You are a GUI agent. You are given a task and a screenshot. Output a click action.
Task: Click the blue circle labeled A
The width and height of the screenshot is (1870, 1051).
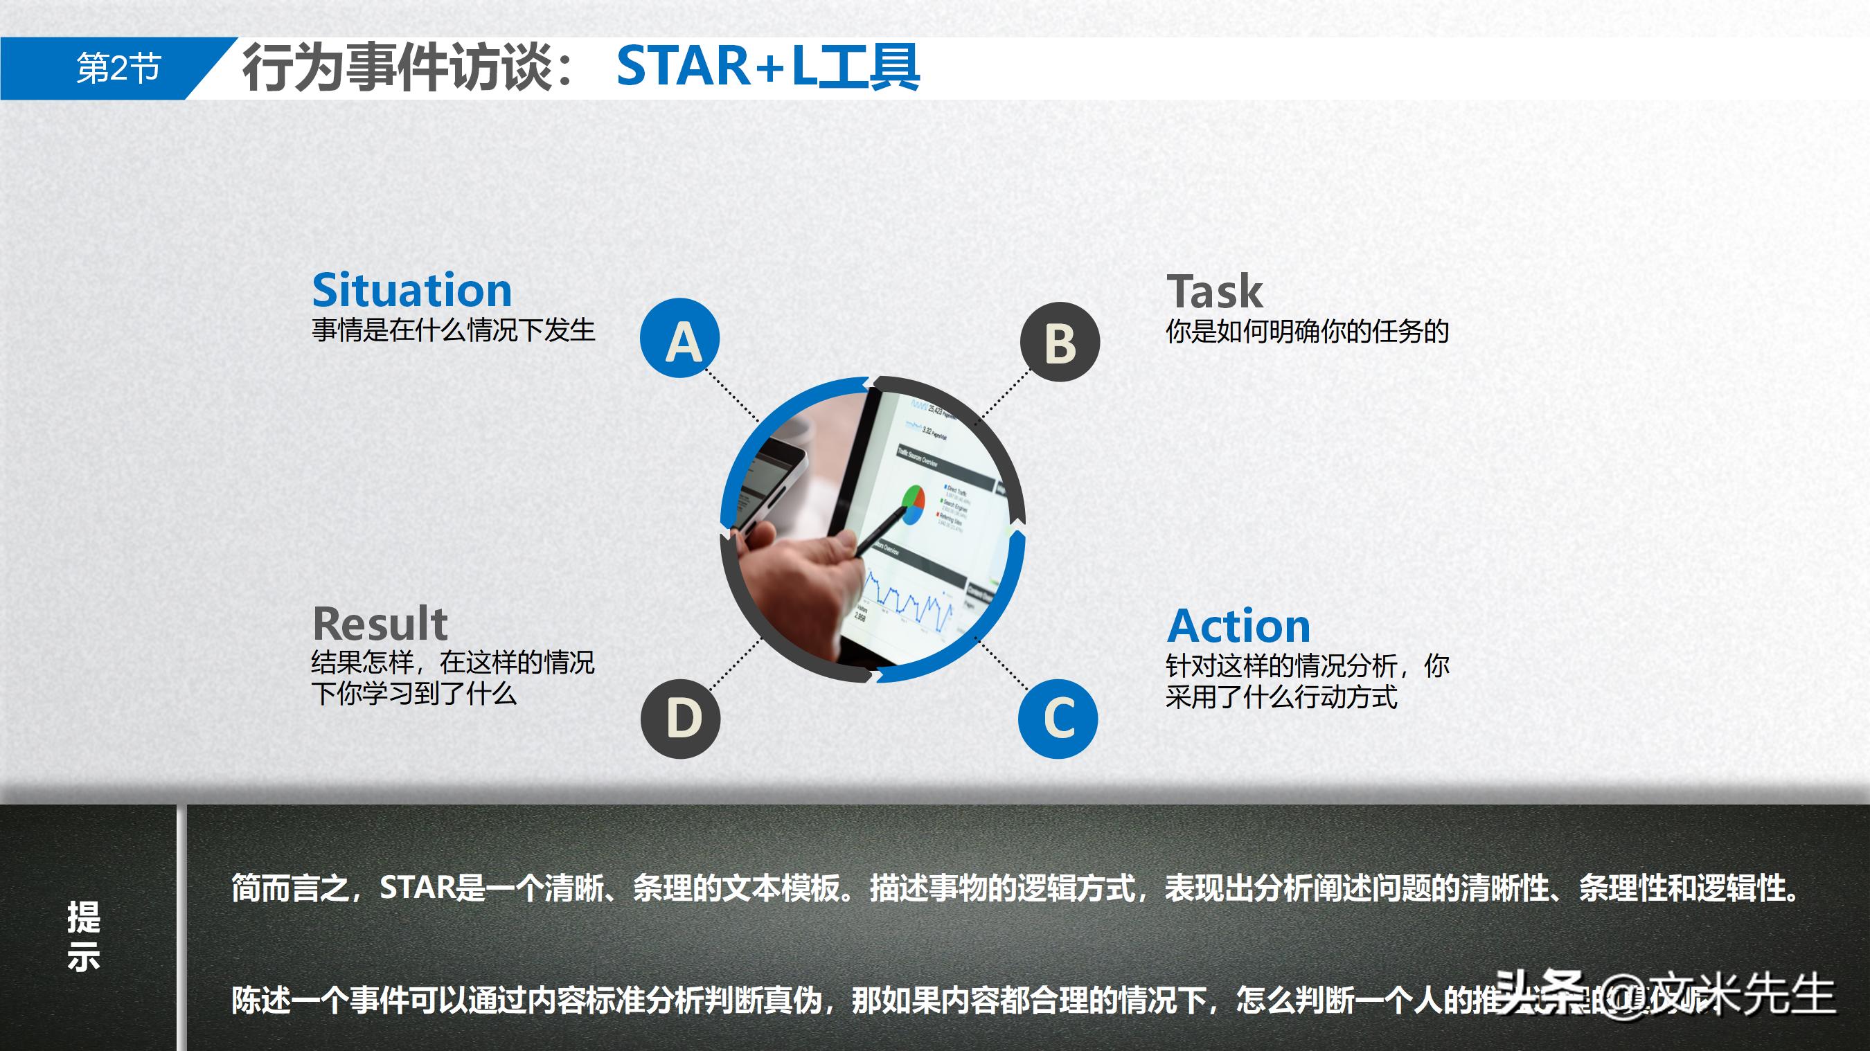679,339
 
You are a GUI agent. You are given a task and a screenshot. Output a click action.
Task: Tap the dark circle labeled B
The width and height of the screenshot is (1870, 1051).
1060,342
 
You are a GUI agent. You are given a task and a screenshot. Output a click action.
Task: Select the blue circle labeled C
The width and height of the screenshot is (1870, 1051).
1058,719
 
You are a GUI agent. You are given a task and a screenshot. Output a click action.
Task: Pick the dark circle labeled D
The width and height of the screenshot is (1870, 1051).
680,719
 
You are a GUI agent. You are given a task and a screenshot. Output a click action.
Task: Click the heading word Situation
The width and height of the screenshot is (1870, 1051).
411,290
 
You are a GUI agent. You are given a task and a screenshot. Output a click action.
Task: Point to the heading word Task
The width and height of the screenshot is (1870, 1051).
1215,291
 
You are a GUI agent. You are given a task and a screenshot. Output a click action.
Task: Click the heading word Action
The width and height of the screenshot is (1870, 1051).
1238,626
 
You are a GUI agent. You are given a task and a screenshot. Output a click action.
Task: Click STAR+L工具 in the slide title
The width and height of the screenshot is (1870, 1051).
768,66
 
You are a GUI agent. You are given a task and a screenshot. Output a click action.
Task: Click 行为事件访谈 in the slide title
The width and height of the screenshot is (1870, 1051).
398,66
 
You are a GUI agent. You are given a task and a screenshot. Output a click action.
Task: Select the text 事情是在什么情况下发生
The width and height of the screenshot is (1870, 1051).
453,330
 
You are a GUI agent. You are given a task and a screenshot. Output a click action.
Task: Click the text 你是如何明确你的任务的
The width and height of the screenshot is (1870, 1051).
1307,332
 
